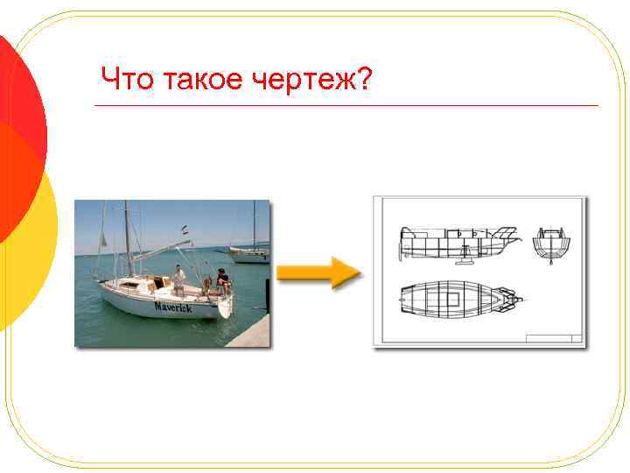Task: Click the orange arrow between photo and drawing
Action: (x=318, y=272)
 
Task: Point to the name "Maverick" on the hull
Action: (x=173, y=307)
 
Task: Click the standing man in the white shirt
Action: (x=178, y=279)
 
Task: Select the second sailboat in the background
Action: (x=250, y=254)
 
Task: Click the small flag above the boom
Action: (x=185, y=229)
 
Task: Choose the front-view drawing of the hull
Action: (x=551, y=244)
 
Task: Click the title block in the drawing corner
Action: (x=553, y=336)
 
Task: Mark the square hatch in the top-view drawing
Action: (x=451, y=299)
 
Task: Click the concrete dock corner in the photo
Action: (x=253, y=333)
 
